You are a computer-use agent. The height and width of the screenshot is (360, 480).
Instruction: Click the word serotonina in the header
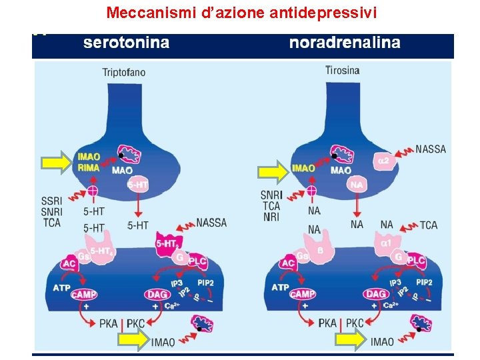pyautogui.click(x=126, y=43)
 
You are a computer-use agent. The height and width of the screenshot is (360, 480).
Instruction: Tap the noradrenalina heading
pyautogui.click(x=345, y=43)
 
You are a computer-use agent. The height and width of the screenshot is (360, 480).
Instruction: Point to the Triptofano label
pyautogui.click(x=124, y=72)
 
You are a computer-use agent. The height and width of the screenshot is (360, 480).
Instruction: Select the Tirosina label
pyautogui.click(x=343, y=70)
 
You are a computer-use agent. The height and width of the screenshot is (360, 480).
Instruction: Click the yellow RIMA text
pyautogui.click(x=89, y=168)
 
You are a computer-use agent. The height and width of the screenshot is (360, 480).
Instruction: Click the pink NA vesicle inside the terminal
pyautogui.click(x=358, y=184)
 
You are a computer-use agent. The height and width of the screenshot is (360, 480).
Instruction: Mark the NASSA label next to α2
pyautogui.click(x=431, y=149)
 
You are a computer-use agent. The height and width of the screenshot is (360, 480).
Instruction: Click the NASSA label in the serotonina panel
pyautogui.click(x=211, y=223)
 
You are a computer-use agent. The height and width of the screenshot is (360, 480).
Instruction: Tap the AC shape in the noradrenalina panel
pyautogui.click(x=288, y=264)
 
